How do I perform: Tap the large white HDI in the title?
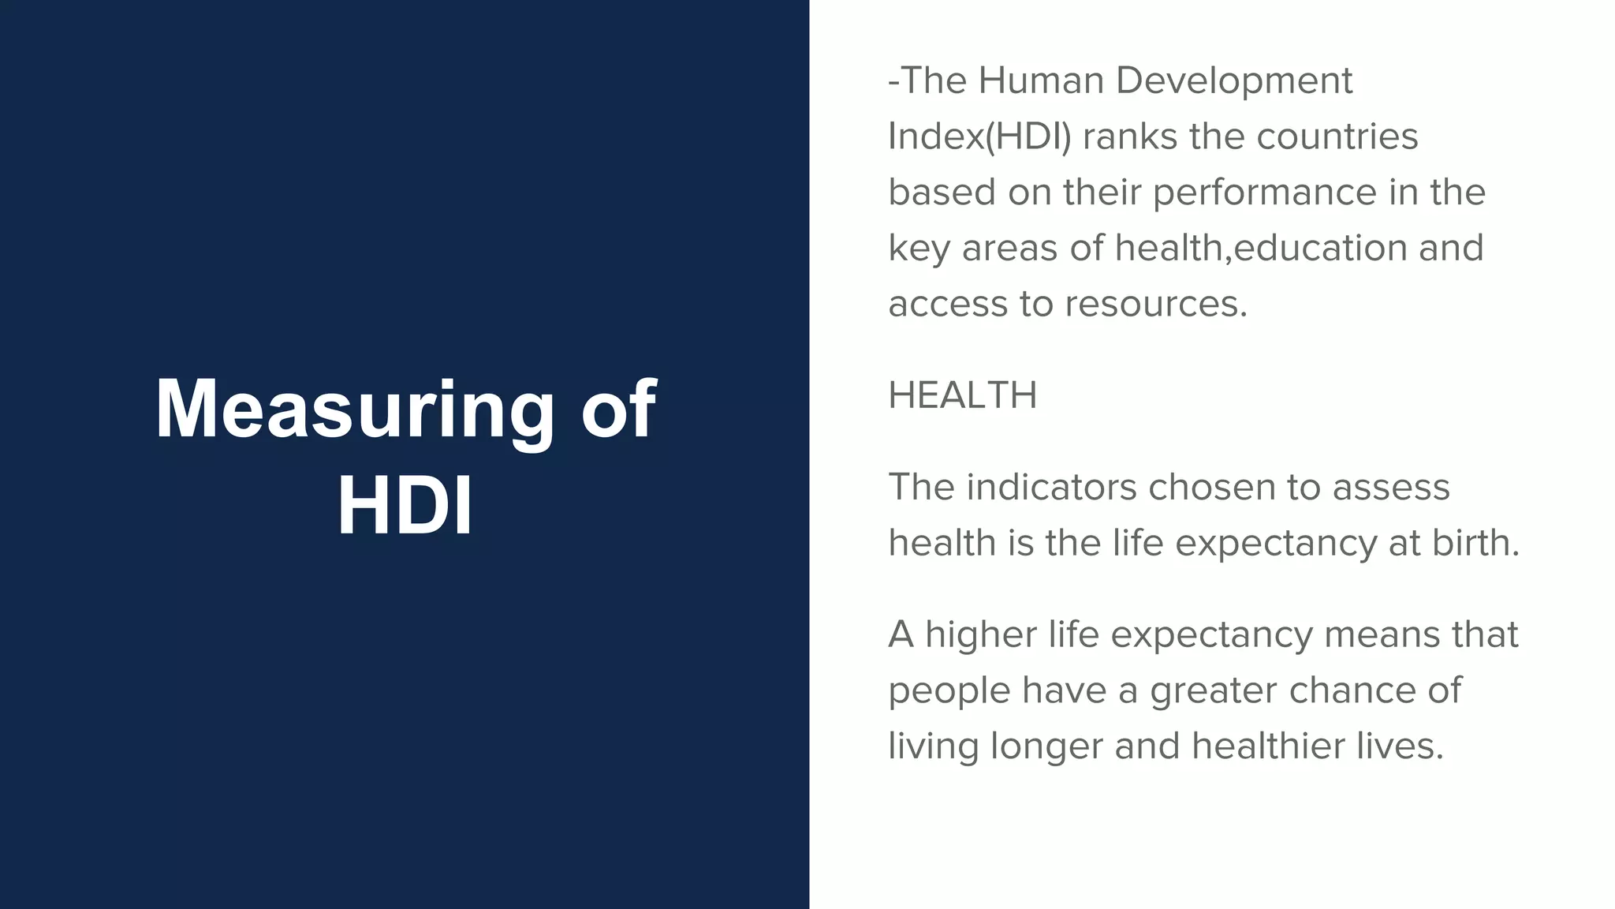(x=405, y=507)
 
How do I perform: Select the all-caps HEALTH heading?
(x=962, y=395)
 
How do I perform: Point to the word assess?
(x=1391, y=487)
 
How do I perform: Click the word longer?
(x=1046, y=746)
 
